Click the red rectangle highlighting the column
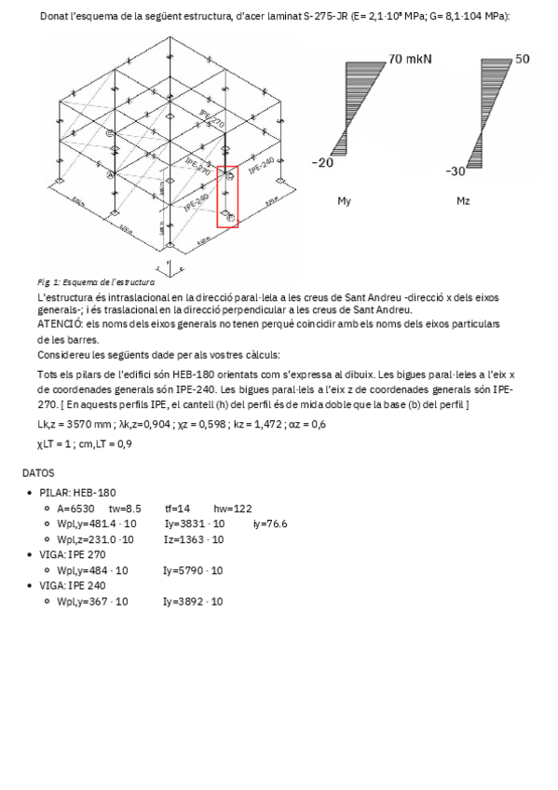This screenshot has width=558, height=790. pos(227,197)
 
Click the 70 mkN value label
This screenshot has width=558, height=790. pos(410,59)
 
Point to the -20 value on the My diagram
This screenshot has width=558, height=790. pos(321,163)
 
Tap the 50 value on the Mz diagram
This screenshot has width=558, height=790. pos(522,59)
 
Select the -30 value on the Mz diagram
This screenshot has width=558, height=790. pos(456,171)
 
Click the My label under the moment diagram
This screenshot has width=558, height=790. pos(344,200)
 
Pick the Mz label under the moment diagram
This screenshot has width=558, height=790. pos(463,200)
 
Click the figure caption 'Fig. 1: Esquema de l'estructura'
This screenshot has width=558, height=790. pos(95,281)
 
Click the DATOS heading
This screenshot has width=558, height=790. pos(39,473)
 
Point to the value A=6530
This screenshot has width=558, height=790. pos(75,509)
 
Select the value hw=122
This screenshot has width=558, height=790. pos(232,509)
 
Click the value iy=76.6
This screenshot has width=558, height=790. pos(269,524)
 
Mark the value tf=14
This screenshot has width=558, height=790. pos(178,509)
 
